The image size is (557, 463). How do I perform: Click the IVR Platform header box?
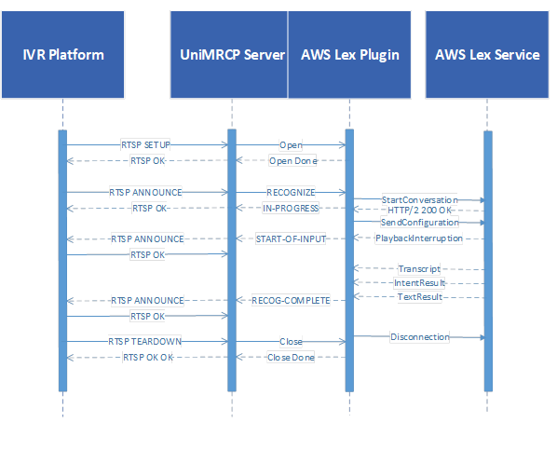tap(63, 54)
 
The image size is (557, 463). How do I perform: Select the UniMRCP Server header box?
tap(229, 54)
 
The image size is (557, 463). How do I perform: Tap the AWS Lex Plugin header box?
tap(349, 54)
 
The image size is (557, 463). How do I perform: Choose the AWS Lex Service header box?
tap(487, 54)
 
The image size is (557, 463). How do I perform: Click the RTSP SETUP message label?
tap(145, 145)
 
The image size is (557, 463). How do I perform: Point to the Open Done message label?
tap(292, 160)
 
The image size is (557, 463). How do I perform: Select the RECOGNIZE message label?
tap(291, 192)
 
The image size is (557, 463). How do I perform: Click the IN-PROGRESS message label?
tap(291, 208)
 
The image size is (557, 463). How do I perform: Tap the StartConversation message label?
tap(419, 200)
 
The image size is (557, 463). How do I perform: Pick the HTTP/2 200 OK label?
tap(419, 211)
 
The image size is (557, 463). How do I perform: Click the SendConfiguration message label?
tap(419, 223)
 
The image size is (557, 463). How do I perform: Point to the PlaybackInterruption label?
tap(419, 238)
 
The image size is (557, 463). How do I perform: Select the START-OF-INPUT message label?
tap(291, 238)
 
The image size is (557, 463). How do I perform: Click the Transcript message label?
tap(419, 269)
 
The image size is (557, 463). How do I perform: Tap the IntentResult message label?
tap(419, 283)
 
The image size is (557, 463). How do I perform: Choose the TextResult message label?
tap(419, 296)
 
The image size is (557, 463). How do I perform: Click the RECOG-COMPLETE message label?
tap(291, 300)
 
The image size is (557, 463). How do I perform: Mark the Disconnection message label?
tap(420, 337)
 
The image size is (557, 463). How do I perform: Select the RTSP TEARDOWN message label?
tap(145, 342)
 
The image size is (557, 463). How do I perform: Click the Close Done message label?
tap(291, 357)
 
